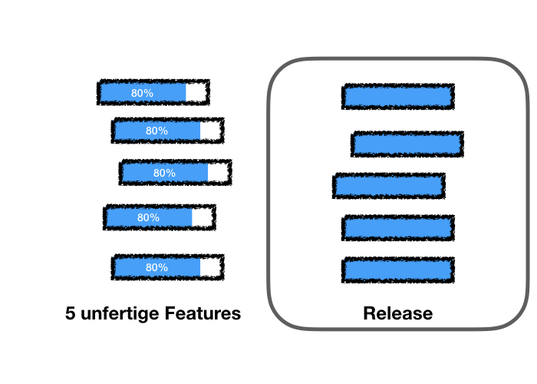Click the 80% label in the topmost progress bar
[142, 93]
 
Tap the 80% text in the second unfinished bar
[156, 131]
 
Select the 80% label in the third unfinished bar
[164, 174]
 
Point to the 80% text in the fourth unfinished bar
[148, 218]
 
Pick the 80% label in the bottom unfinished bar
[156, 268]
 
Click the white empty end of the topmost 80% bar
[196, 93]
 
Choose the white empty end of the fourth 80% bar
[202, 218]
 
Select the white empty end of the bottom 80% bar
[210, 268]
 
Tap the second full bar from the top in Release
[407, 144]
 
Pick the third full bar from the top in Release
[389, 186]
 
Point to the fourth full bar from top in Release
[398, 228]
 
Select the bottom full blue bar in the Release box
[398, 270]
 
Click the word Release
[397, 314]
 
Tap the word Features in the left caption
[202, 314]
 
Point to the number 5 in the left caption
[71, 314]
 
